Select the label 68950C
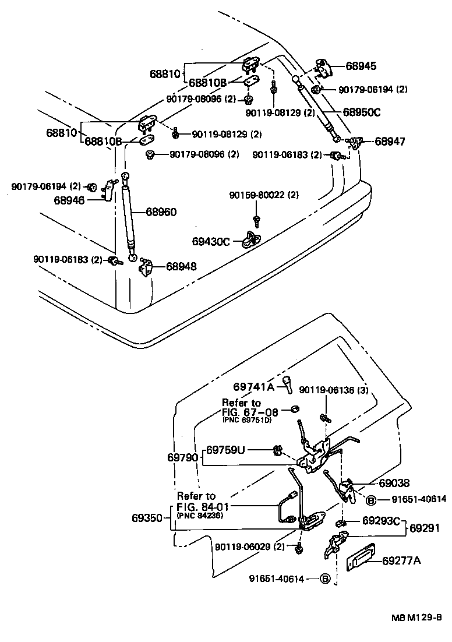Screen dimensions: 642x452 pyautogui.click(x=361, y=112)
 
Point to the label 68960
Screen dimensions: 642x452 pyautogui.click(x=161, y=212)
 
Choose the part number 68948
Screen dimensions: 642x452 pyautogui.click(x=181, y=266)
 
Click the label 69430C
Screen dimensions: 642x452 pyautogui.click(x=211, y=241)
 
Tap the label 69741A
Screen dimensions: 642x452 pyautogui.click(x=253, y=386)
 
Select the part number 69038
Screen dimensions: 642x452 pyautogui.click(x=394, y=483)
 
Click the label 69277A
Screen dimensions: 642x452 pyautogui.click(x=401, y=561)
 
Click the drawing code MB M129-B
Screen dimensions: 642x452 pyautogui.click(x=417, y=618)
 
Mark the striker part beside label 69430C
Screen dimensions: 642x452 pyautogui.click(x=252, y=238)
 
